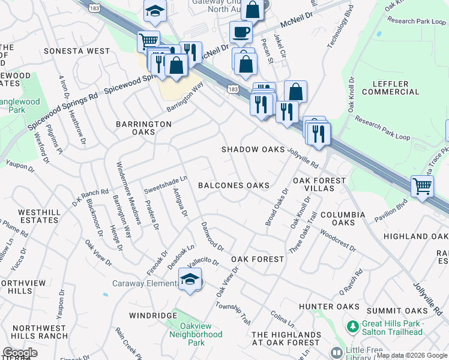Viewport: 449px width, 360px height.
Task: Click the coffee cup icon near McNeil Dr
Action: click(241, 32)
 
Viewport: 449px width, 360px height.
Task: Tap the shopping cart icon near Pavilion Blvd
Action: click(422, 186)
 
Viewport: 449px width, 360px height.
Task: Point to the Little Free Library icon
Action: click(338, 352)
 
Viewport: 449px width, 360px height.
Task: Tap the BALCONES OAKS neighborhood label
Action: click(234, 185)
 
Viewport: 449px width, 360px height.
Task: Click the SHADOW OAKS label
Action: click(252, 149)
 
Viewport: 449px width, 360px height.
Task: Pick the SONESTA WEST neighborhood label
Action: click(77, 52)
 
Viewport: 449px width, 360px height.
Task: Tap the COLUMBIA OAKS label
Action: click(342, 218)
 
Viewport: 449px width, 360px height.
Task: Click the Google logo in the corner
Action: click(20, 353)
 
